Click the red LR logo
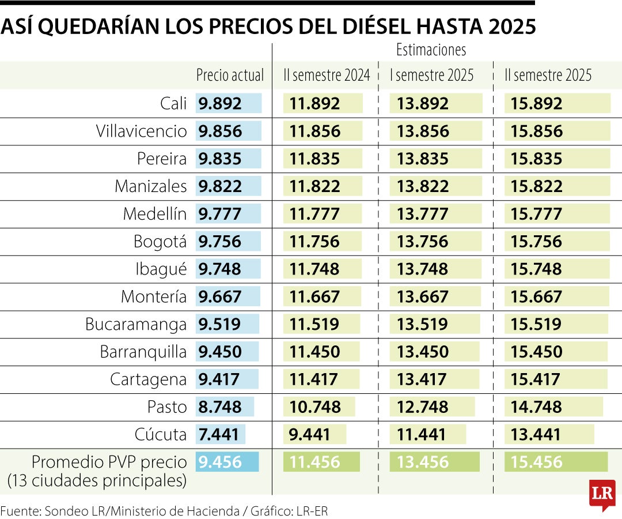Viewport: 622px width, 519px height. pos(602,494)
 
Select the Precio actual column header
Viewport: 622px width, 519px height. pos(230,75)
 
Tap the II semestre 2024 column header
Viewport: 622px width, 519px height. pos(326,75)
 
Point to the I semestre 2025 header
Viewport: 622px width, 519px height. pos(431,75)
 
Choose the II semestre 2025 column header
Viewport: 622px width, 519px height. pos(548,75)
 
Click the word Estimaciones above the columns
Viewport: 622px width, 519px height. pos(431,50)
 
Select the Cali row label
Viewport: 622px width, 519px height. pos(173,104)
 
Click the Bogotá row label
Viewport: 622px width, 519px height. pos(160,242)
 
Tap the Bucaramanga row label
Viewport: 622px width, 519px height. pos(136,324)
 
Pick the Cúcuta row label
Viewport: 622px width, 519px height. pos(161,434)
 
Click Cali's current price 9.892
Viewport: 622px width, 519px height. pos(220,104)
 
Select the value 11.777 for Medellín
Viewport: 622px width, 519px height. pos(314,214)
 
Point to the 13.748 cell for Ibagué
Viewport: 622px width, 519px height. pos(422,269)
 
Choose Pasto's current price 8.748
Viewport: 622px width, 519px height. pos(220,407)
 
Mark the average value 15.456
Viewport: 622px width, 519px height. pos(536,462)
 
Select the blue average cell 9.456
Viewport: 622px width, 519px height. pos(220,462)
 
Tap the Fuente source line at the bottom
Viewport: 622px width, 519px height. pos(164,511)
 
